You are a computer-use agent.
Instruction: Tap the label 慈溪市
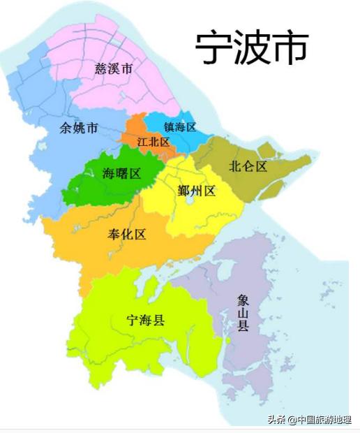tap(114, 68)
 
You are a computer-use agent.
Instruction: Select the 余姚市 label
tap(79, 128)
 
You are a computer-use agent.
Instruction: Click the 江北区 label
tap(153, 142)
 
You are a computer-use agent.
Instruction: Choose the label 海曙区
tap(121, 173)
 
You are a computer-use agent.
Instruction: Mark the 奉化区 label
tap(127, 233)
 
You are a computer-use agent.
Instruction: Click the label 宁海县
tap(145, 321)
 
